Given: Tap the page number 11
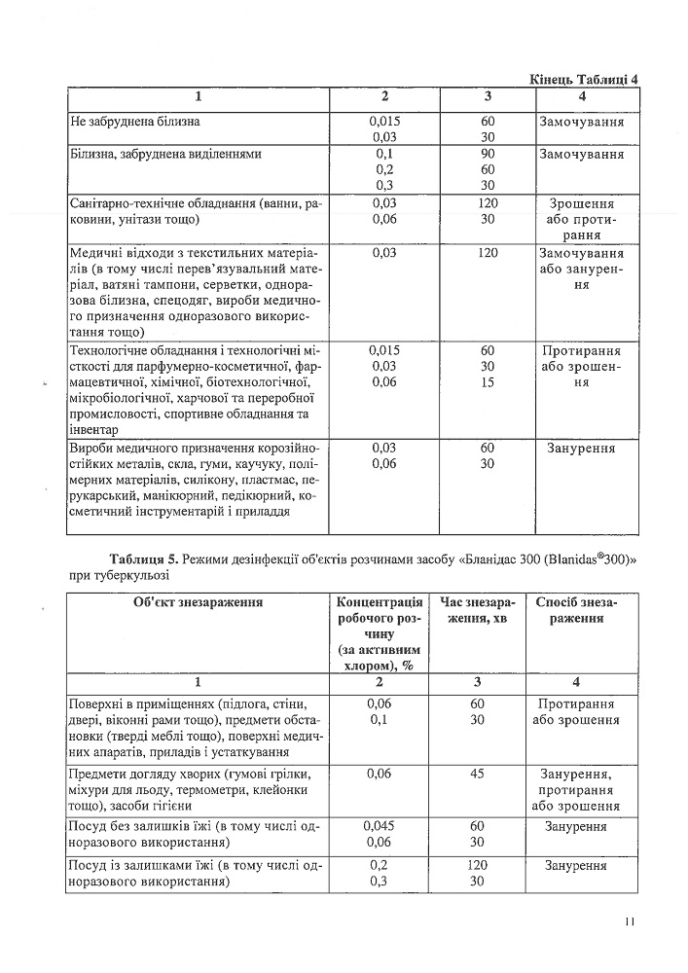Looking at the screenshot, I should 630,921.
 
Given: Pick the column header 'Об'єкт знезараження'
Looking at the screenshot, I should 199,602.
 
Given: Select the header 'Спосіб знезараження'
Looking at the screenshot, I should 577,610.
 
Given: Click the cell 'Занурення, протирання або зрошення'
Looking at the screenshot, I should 577,790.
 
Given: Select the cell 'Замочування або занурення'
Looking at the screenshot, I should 580,269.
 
